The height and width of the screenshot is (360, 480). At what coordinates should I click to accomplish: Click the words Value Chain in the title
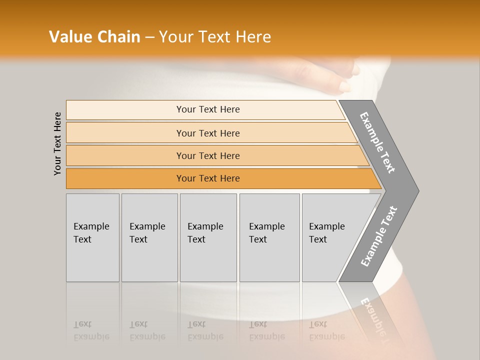(x=94, y=36)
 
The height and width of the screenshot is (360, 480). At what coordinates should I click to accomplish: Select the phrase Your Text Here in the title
(x=215, y=36)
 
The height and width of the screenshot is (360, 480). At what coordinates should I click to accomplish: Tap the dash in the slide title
(x=149, y=37)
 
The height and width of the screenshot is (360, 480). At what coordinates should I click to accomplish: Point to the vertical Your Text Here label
(x=57, y=144)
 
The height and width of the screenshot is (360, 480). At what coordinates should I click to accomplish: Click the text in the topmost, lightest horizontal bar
(x=208, y=109)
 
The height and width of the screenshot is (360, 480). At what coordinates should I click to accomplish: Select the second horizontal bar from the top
(x=208, y=133)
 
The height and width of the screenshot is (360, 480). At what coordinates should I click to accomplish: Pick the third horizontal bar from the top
(x=208, y=155)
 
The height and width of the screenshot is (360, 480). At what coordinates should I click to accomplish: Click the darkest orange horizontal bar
(x=208, y=178)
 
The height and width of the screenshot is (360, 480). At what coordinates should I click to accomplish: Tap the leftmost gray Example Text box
(x=92, y=237)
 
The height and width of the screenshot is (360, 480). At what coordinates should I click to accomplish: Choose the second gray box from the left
(x=149, y=237)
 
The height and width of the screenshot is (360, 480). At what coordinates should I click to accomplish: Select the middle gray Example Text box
(x=208, y=237)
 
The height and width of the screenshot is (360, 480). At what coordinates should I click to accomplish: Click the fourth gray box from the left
(x=269, y=237)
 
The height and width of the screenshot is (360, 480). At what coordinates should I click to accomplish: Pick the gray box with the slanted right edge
(x=330, y=237)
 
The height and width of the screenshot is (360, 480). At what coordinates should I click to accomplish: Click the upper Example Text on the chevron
(x=377, y=142)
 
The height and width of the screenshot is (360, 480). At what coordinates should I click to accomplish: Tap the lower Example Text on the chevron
(x=379, y=236)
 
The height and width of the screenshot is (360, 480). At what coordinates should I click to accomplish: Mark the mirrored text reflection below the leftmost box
(x=91, y=330)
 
